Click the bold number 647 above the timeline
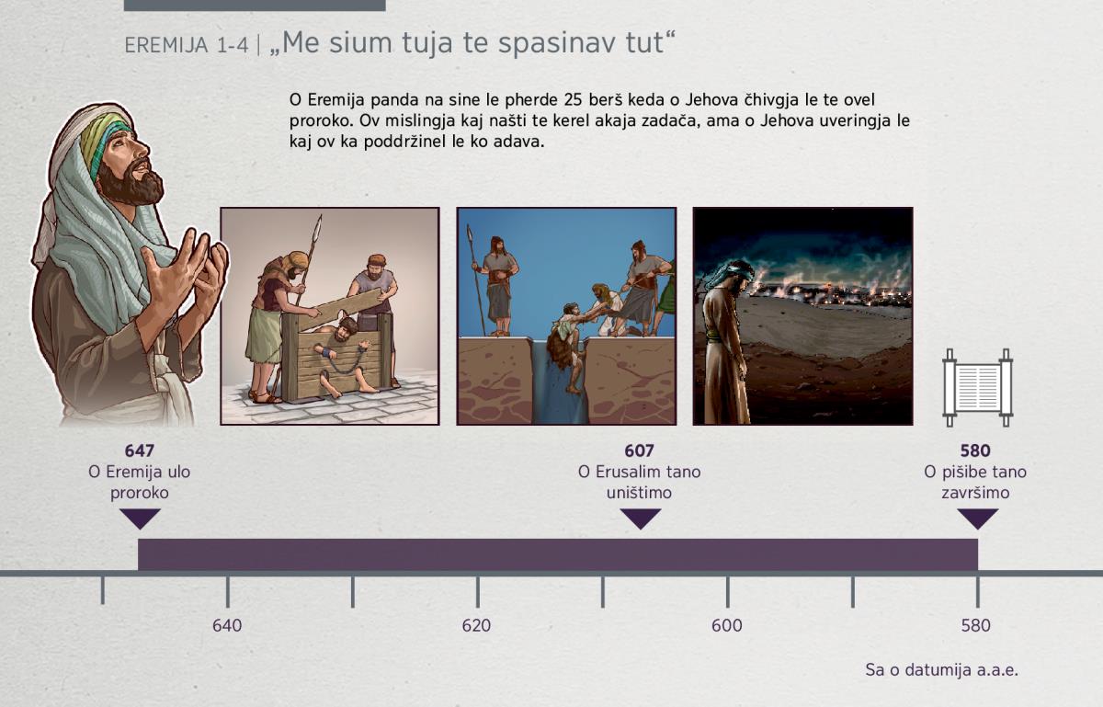click(140, 450)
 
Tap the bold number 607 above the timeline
click(639, 450)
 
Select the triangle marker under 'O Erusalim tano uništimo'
click(640, 519)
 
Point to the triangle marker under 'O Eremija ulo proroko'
click(140, 519)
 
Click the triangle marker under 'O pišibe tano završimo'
click(977, 519)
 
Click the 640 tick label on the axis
click(227, 626)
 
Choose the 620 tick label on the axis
click(476, 626)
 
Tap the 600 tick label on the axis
click(727, 626)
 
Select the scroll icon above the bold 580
click(977, 388)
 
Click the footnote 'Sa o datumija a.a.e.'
click(941, 670)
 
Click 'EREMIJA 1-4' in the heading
click(186, 45)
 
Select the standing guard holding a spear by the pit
click(498, 286)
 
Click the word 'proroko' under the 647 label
click(140, 493)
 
